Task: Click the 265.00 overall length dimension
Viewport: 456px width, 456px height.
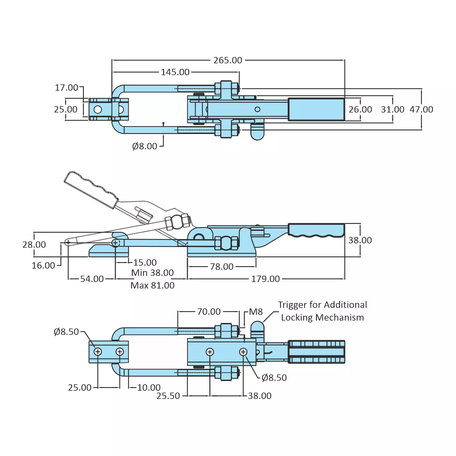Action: click(228, 60)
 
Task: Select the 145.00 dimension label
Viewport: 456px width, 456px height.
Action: click(175, 72)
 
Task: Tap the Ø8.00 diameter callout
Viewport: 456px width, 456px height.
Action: click(145, 146)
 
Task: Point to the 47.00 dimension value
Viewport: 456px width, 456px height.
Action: click(421, 109)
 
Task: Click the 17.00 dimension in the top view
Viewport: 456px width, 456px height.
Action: click(66, 87)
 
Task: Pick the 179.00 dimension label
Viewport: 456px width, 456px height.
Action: click(265, 279)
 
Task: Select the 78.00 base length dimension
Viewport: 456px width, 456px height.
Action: click(221, 267)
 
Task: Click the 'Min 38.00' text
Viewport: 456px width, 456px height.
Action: click(153, 273)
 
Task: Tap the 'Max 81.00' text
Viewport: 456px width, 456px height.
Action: click(153, 286)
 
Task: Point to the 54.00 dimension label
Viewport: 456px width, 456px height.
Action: click(92, 279)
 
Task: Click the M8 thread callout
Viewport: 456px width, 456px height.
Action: click(256, 312)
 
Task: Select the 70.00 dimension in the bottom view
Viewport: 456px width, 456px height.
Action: click(209, 312)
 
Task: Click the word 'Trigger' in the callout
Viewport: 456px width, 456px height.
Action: click(292, 305)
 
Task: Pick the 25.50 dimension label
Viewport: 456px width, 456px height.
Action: click(168, 396)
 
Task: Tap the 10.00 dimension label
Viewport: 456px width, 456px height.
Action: click(149, 388)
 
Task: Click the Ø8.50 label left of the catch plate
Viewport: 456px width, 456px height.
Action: click(66, 332)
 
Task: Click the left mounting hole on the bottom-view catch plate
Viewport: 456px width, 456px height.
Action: click(98, 352)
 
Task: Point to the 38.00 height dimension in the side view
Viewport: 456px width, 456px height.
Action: click(360, 240)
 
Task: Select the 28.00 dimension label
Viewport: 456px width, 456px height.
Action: click(34, 245)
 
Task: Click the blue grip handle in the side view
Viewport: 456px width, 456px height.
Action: click(316, 230)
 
